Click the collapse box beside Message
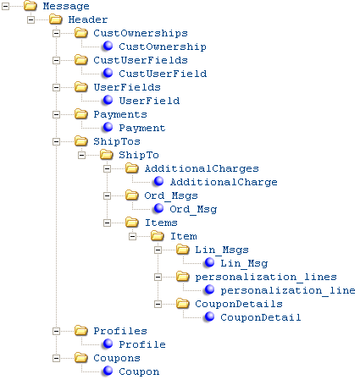(5, 6)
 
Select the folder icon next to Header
(56, 19)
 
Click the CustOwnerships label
(141, 33)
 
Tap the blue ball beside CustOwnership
(108, 46)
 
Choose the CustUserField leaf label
(163, 74)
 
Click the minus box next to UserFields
(56, 87)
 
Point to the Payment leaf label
(142, 128)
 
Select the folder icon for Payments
(81, 114)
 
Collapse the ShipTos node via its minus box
(56, 141)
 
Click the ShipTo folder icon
(107, 155)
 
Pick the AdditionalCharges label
(202, 168)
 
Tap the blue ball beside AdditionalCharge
(158, 181)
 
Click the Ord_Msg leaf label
(193, 209)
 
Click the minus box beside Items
(107, 223)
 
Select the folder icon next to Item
(158, 236)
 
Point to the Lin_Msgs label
(222, 250)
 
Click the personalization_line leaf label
(288, 290)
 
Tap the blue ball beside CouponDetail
(209, 316)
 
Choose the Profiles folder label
(120, 331)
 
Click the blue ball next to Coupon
(108, 371)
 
